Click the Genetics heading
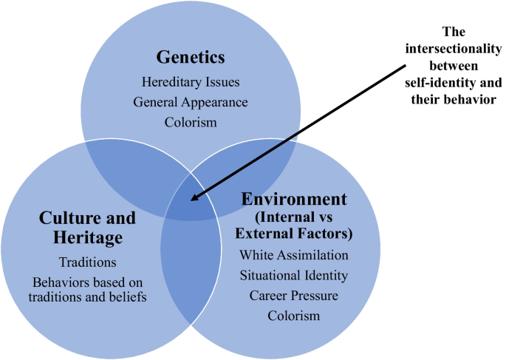[190, 57]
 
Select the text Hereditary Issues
[190, 83]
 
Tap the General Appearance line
[190, 102]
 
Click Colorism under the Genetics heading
[191, 121]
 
